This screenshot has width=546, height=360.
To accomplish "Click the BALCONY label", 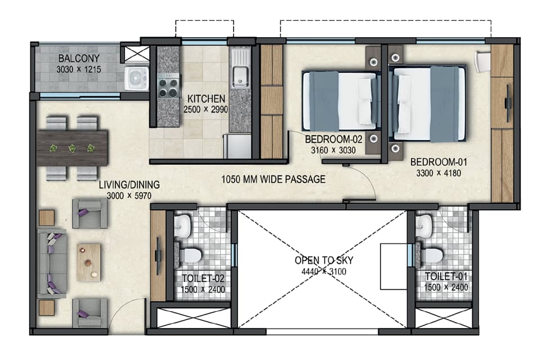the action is coord(79,58).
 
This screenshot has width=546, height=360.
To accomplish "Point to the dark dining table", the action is coord(73,148).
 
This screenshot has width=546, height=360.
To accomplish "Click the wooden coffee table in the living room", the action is coord(88,262).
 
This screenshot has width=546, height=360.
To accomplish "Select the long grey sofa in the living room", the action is coord(52,263).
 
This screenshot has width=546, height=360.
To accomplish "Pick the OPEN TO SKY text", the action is coord(324,260).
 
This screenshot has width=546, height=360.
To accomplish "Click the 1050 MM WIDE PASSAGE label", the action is coord(274,179).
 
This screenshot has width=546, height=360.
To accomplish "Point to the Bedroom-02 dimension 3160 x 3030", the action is coord(333,150).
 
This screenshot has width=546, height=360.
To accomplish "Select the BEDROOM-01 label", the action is coord(438,162).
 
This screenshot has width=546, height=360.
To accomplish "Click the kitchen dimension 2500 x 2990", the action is coord(206,110).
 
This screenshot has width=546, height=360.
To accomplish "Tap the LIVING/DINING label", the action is coord(129,184).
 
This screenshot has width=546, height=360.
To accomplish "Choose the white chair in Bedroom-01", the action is coord(483,62).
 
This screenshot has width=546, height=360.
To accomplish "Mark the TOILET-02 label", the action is coord(203,278).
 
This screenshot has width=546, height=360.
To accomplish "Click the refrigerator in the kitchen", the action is coord(237,146).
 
